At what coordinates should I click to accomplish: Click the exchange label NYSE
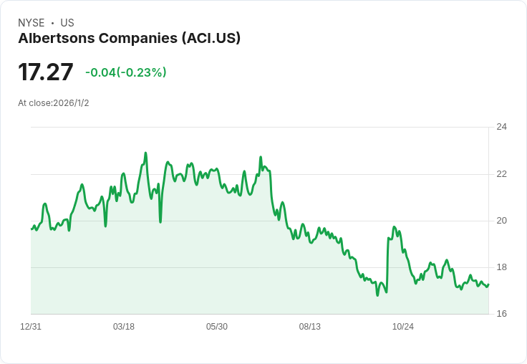[31, 23]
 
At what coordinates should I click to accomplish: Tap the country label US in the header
[67, 23]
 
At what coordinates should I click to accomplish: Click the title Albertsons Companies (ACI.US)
[129, 38]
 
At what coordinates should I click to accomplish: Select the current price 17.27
[46, 72]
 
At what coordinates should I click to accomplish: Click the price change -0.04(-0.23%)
[126, 72]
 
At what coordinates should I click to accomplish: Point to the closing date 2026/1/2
[71, 103]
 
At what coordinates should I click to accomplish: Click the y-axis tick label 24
[502, 127]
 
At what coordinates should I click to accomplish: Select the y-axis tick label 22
[502, 174]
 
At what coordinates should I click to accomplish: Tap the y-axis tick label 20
[502, 221]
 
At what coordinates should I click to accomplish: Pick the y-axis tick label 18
[502, 267]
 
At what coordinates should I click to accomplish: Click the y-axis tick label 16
[502, 314]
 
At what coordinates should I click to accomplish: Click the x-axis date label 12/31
[31, 327]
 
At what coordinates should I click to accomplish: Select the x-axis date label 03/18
[124, 327]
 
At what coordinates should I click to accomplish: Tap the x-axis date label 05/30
[217, 327]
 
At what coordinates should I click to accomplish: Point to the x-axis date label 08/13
[310, 327]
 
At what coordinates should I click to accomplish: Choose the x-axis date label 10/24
[403, 327]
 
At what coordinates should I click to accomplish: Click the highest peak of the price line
[145, 153]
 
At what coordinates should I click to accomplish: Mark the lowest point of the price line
[377, 295]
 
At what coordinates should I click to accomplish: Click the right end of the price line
[488, 284]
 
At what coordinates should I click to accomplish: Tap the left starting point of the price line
[32, 229]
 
